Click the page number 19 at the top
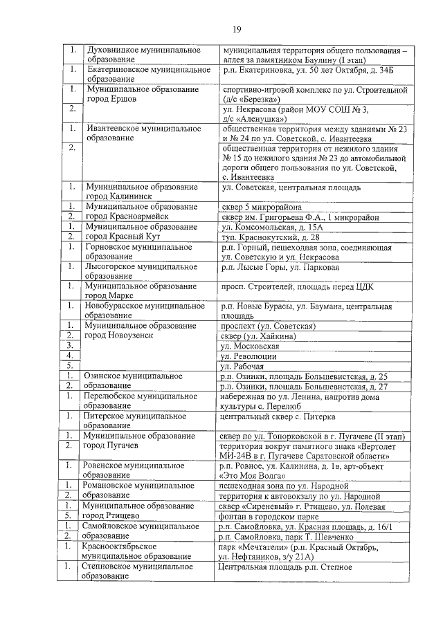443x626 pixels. click(236, 28)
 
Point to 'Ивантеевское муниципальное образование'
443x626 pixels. click(143, 134)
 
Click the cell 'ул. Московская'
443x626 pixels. click(250, 346)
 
